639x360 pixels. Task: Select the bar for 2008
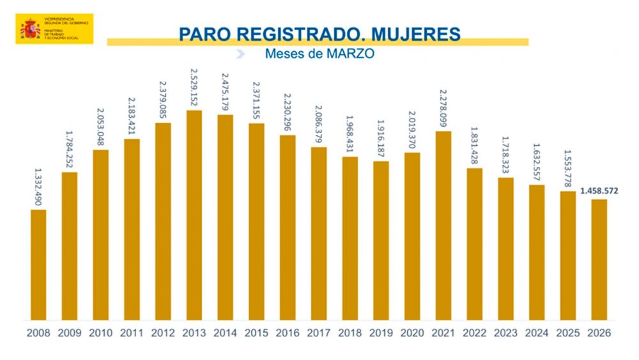click(x=38, y=265)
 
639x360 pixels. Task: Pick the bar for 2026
click(x=599, y=260)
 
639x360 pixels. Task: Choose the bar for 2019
click(x=381, y=240)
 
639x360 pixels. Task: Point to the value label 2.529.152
click(x=194, y=87)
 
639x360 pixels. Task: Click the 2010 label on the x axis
click(x=100, y=333)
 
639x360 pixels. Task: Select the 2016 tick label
click(x=288, y=333)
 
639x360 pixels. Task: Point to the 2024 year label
click(x=537, y=333)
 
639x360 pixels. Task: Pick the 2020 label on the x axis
click(x=412, y=333)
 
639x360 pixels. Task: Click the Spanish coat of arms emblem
click(x=30, y=29)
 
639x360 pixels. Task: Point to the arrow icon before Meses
click(x=240, y=54)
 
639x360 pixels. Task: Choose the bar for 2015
click(x=256, y=221)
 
